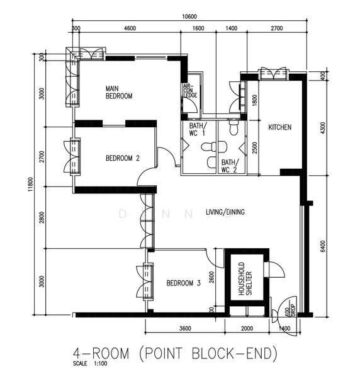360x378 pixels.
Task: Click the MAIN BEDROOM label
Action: (119, 93)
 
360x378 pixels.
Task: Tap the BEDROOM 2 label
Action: (123, 158)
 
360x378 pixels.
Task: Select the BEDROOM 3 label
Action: (184, 283)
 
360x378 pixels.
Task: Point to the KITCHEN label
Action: (280, 127)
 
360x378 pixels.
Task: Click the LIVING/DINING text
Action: (225, 212)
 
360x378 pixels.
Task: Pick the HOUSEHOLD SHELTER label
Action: (245, 278)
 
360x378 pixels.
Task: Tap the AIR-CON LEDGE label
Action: (190, 91)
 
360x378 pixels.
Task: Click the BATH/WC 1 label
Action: (198, 129)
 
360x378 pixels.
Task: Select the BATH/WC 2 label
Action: (230, 166)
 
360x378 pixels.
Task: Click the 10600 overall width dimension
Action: (189, 16)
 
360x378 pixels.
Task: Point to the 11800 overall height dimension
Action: (30, 184)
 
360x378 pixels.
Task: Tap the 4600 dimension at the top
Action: (130, 28)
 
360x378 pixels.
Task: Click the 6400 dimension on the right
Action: (323, 246)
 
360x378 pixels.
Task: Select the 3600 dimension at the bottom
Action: (185, 329)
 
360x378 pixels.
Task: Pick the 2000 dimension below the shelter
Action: (247, 329)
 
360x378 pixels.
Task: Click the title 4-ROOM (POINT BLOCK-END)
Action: (176, 353)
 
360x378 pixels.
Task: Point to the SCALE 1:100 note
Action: (90, 364)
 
